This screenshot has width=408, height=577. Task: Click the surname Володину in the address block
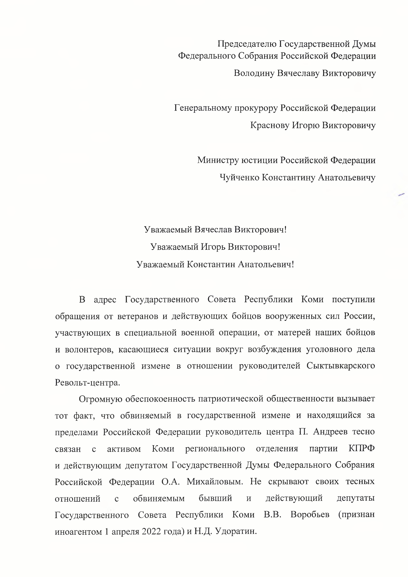[x=254, y=73]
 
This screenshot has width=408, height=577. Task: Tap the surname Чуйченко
[x=239, y=177]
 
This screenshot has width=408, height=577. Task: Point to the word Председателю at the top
[x=247, y=44]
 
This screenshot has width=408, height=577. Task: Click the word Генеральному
[x=203, y=108]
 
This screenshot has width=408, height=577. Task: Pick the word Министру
[x=218, y=160]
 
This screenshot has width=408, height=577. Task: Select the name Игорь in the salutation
[x=213, y=247]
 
